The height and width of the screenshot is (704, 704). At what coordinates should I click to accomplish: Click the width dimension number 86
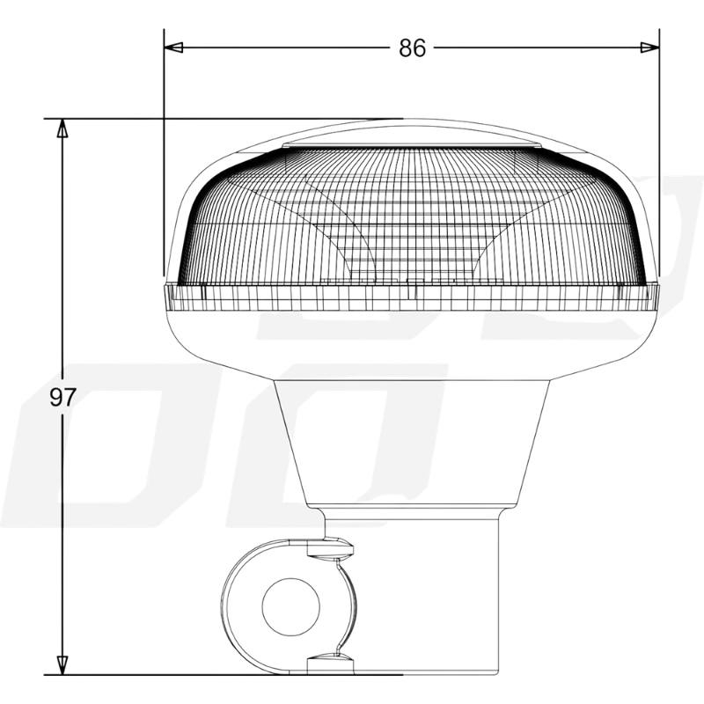click(412, 48)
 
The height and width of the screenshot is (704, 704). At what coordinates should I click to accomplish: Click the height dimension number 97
click(62, 397)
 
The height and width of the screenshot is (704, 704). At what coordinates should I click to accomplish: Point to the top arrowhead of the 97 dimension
click(62, 128)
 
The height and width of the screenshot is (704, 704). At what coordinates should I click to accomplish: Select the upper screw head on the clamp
click(333, 552)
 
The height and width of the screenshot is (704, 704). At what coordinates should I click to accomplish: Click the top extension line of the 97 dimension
click(220, 118)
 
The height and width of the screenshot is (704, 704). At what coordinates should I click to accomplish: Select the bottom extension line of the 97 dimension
click(176, 675)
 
